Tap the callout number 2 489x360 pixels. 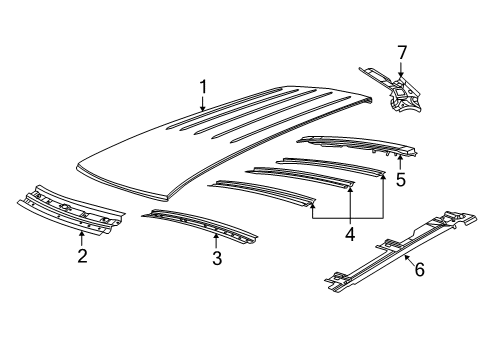82,256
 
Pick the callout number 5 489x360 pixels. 401,180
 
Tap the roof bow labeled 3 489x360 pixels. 200,228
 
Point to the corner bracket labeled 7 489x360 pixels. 400,95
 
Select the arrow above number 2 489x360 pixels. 82,237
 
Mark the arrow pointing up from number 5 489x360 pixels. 401,162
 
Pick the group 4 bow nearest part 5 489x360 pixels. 330,165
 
